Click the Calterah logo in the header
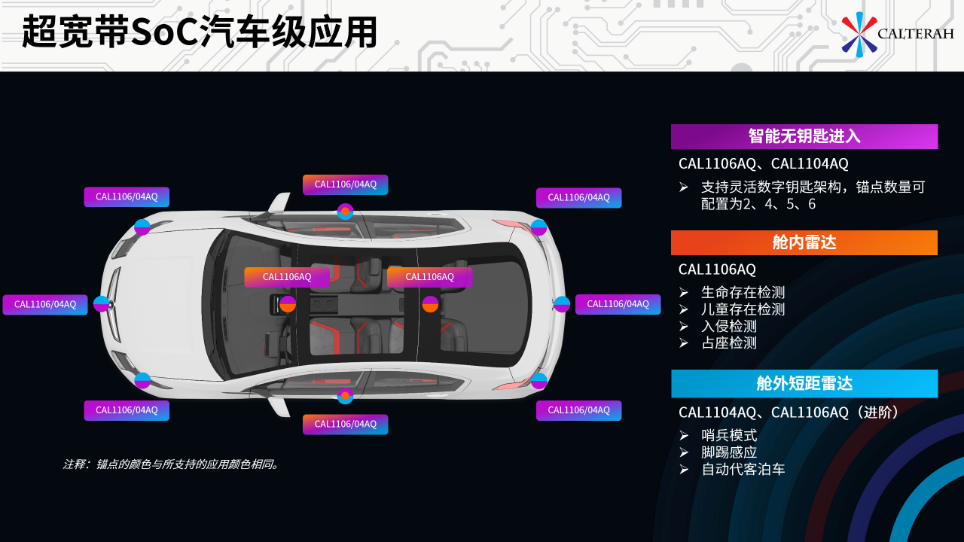point(897,34)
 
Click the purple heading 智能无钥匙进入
point(804,136)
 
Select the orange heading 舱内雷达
point(804,242)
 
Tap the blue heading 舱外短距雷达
point(804,383)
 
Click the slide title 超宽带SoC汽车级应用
point(200,33)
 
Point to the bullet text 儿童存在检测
point(743,309)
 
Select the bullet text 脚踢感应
point(728,452)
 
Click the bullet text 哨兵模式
point(728,435)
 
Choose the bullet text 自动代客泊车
point(743,470)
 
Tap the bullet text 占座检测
point(728,343)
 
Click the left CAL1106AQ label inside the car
point(287,277)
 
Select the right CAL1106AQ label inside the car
point(429,277)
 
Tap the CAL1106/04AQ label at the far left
point(45,304)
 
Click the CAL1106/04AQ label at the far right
point(618,304)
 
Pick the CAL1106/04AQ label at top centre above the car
point(345,184)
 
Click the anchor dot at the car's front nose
point(102,304)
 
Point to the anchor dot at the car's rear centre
point(562,304)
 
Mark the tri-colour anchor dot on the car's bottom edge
point(345,396)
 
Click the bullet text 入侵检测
point(728,327)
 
